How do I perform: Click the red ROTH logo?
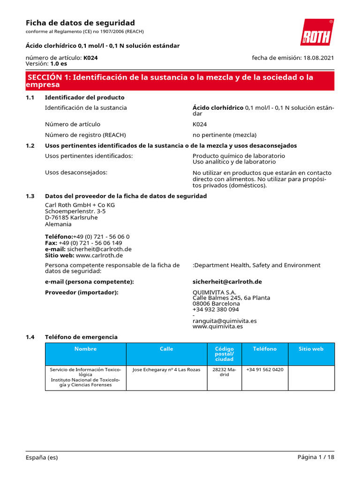317,32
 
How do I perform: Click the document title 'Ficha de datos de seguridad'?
80,23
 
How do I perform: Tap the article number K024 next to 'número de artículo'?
90,58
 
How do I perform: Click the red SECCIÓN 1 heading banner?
180,81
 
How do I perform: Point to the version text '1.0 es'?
59,63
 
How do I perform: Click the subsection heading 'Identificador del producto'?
84,97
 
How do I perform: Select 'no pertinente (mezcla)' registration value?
225,135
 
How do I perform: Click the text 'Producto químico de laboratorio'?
239,156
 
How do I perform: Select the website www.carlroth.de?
99,255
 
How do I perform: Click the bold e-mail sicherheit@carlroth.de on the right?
227,282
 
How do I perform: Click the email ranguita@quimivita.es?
225,321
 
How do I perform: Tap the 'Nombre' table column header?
85,349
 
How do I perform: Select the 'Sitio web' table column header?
311,349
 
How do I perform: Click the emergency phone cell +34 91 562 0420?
265,369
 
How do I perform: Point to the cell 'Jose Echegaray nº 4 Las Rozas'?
166,369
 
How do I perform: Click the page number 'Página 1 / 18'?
316,457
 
